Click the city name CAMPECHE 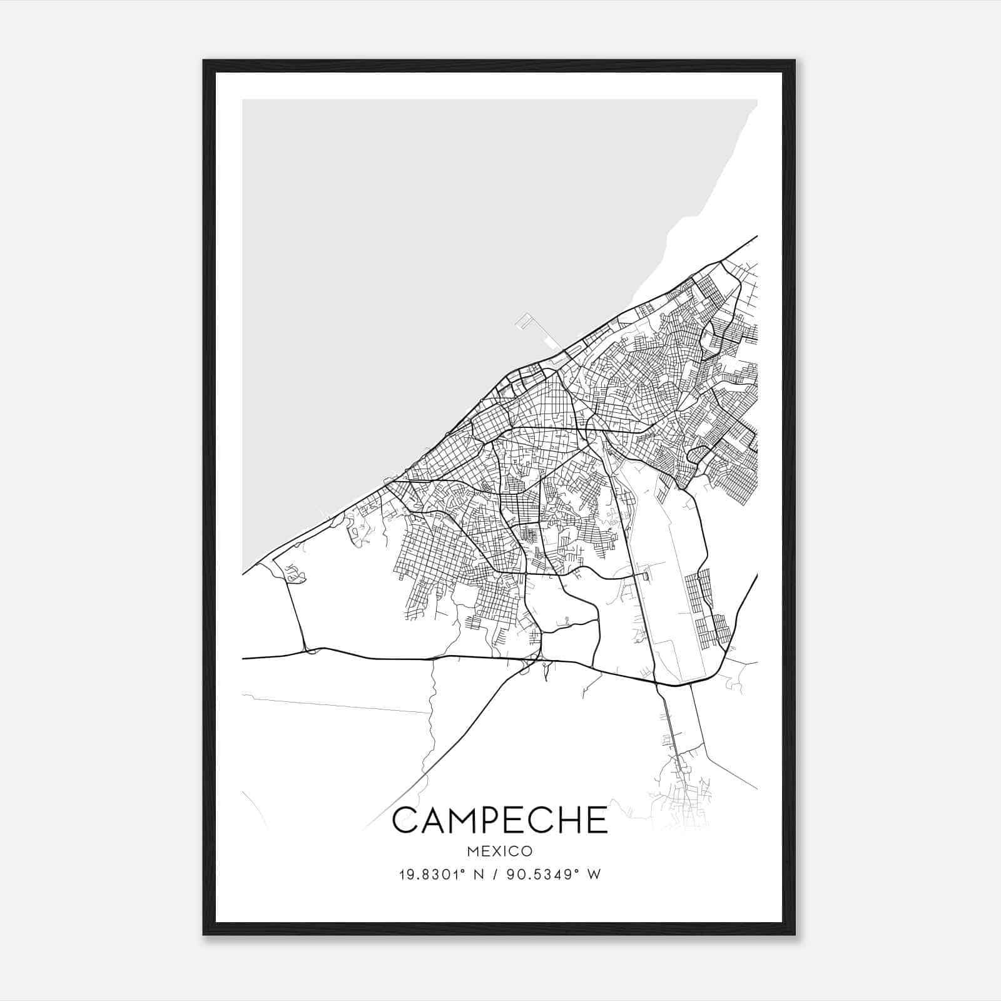coord(500,820)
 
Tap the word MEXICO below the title coord(500,851)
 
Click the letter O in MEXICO coord(527,851)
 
